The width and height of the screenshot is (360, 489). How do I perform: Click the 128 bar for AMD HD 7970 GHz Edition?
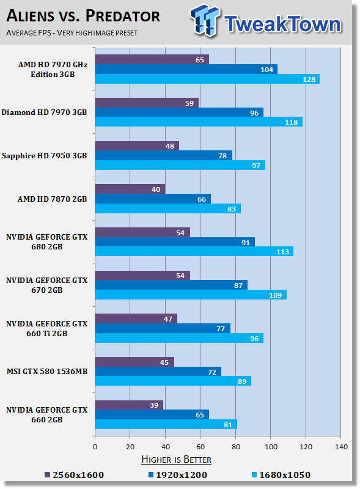[208, 79]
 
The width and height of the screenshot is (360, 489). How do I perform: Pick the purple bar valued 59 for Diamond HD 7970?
[147, 103]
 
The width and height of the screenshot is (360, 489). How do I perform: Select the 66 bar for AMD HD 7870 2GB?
[153, 199]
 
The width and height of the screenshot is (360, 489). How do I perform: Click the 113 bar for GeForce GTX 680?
[194, 252]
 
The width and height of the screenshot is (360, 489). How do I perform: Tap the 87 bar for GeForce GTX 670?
[171, 285]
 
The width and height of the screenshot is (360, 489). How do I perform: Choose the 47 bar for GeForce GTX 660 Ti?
[136, 318]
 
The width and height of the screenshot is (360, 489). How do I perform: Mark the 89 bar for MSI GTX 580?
[173, 381]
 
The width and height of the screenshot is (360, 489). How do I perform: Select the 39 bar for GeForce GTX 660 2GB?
[129, 405]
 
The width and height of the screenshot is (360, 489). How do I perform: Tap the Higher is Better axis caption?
[176, 459]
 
